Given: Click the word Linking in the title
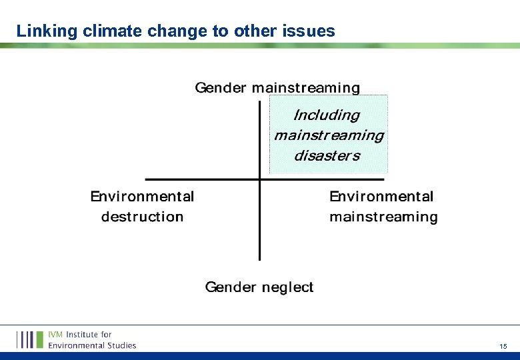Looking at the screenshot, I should pyautogui.click(x=41, y=31).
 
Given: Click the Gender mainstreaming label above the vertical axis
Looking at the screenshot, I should pyautogui.click(x=277, y=88).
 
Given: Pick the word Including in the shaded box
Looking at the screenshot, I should pyautogui.click(x=327, y=115).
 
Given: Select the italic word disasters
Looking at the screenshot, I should pyautogui.click(x=327, y=156).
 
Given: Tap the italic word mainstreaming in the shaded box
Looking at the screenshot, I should pyautogui.click(x=329, y=135).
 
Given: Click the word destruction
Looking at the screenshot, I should pyautogui.click(x=142, y=217).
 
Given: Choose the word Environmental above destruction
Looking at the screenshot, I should pyautogui.click(x=142, y=197).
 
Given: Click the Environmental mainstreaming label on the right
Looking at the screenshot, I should pyautogui.click(x=383, y=207).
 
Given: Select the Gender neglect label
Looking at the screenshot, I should pyautogui.click(x=259, y=287).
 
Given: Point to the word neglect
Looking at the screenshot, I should pyautogui.click(x=287, y=287).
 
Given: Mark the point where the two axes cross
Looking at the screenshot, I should pyautogui.click(x=259, y=179).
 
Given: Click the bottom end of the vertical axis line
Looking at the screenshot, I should pyautogui.click(x=259, y=258).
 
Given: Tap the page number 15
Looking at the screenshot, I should pyautogui.click(x=503, y=346).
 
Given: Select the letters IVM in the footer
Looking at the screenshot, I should pyautogui.click(x=56, y=334).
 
